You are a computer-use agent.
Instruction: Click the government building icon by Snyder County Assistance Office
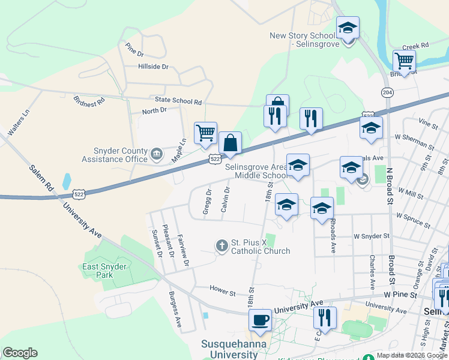157,155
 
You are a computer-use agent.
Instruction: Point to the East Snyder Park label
105,271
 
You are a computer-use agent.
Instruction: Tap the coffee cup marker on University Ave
261,320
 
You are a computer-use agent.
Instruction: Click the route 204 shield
387,92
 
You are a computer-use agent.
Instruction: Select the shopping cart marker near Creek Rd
405,61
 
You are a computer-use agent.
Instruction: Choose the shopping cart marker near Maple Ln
205,133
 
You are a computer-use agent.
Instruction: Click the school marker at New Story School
348,29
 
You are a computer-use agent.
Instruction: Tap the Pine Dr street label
131,47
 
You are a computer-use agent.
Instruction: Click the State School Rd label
178,102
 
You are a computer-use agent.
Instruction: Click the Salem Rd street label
41,177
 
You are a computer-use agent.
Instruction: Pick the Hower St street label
223,291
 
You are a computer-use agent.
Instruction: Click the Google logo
20,353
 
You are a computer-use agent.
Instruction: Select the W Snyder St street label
372,236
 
